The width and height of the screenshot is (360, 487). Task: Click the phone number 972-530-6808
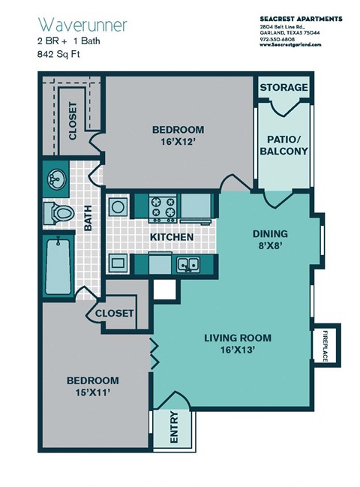point(277,39)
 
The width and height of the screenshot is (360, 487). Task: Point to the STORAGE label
point(283,88)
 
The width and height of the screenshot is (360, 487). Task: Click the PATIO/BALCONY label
point(283,144)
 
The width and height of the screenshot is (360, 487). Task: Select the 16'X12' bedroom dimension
point(177,141)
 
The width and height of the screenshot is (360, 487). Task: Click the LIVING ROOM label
point(238,337)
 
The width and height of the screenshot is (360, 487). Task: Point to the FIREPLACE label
point(326,346)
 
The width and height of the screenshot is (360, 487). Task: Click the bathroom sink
point(55,178)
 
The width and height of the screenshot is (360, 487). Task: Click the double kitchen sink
point(187,264)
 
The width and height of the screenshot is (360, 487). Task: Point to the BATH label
point(88,218)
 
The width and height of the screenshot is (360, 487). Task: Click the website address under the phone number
point(290,45)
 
